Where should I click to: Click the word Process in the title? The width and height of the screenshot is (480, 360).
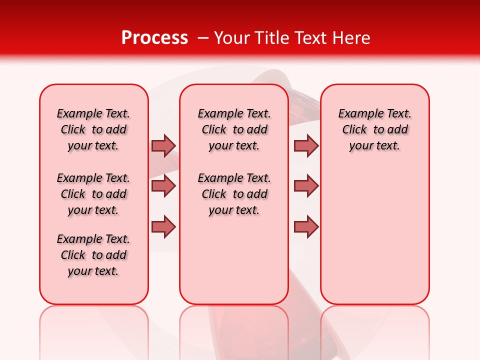coord(154,37)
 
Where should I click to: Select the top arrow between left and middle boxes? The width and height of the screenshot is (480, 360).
coord(163,145)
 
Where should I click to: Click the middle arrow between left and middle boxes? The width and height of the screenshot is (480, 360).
coord(163,186)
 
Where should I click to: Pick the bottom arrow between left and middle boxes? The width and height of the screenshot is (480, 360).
coord(163,226)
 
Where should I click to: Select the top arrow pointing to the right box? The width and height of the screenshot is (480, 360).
coord(306,145)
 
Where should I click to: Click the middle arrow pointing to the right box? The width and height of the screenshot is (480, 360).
coord(306,186)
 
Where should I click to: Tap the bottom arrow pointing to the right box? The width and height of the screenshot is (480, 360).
coord(306,226)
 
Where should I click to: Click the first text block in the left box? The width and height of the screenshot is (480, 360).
coord(93,129)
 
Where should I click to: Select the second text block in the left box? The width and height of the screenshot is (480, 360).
coord(93,194)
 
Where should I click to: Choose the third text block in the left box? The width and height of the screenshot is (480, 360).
coord(93,255)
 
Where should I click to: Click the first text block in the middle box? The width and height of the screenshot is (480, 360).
coord(234,129)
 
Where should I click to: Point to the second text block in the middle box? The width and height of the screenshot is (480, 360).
coord(234,194)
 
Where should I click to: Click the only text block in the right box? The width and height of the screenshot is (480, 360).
coord(374,129)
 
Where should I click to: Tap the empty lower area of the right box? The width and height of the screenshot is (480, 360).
coord(374,235)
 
